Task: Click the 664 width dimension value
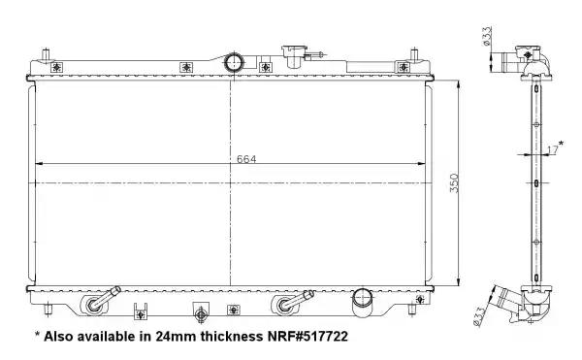[x=246, y=159]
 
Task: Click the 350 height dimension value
[x=454, y=183]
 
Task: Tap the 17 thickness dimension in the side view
[x=553, y=150]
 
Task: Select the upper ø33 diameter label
[x=487, y=36]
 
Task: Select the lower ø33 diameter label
[x=479, y=316]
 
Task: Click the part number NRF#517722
[x=307, y=337]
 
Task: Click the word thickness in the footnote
[x=231, y=337]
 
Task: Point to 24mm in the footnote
[x=176, y=337]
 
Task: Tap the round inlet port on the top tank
[x=234, y=62]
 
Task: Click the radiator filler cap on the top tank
[x=295, y=55]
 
